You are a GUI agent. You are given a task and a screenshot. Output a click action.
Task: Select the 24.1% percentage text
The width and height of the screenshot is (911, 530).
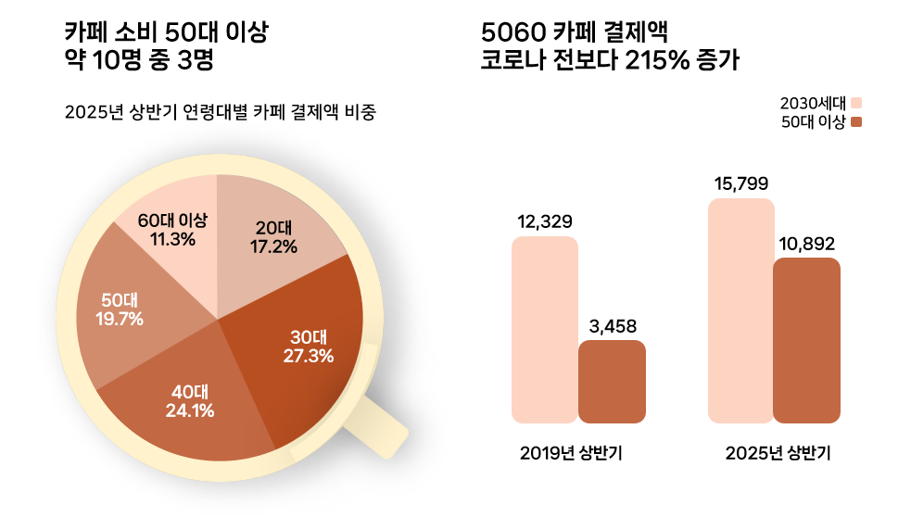coord(189,411)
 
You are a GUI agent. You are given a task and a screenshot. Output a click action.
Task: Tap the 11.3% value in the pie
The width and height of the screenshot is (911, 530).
coord(172,239)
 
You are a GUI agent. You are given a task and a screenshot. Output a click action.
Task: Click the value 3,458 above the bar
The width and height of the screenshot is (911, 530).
coord(613,326)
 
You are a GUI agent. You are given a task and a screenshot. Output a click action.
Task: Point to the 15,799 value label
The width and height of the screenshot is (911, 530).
coord(740,183)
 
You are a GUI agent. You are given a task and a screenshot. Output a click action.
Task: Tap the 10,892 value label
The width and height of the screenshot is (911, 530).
coord(807,244)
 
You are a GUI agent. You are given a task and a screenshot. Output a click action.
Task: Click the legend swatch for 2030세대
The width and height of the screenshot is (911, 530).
coord(856,103)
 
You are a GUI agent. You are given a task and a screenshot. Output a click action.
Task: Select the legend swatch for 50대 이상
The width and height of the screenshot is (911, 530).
coord(856,122)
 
